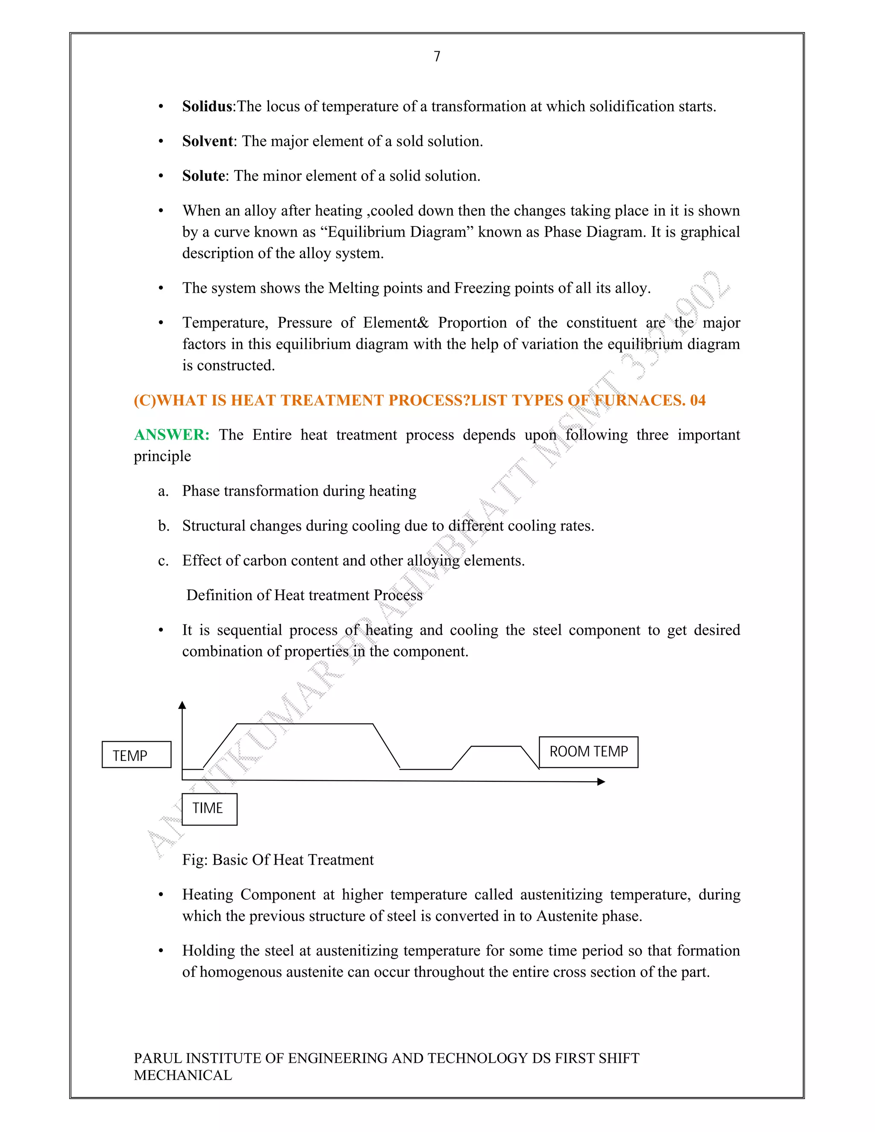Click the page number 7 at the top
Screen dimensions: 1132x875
click(x=437, y=56)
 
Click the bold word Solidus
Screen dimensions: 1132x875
click(x=207, y=106)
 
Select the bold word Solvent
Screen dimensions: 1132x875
click(x=207, y=141)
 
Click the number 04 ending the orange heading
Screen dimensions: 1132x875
click(x=697, y=400)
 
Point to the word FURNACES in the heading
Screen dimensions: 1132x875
click(x=639, y=400)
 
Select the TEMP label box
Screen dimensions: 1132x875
click(x=136, y=755)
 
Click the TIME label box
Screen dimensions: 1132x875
click(x=209, y=809)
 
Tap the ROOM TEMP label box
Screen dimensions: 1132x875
click(x=588, y=751)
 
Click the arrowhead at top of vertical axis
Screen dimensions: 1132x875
click(x=182, y=705)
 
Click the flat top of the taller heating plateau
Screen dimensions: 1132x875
click(x=305, y=724)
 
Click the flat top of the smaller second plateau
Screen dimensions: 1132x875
click(x=496, y=746)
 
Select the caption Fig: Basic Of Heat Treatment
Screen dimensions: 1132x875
click(x=278, y=860)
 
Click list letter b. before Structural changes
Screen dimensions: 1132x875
click(x=164, y=526)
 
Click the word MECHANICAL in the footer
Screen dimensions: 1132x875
click(x=183, y=1076)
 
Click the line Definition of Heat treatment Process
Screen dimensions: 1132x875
click(x=304, y=595)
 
